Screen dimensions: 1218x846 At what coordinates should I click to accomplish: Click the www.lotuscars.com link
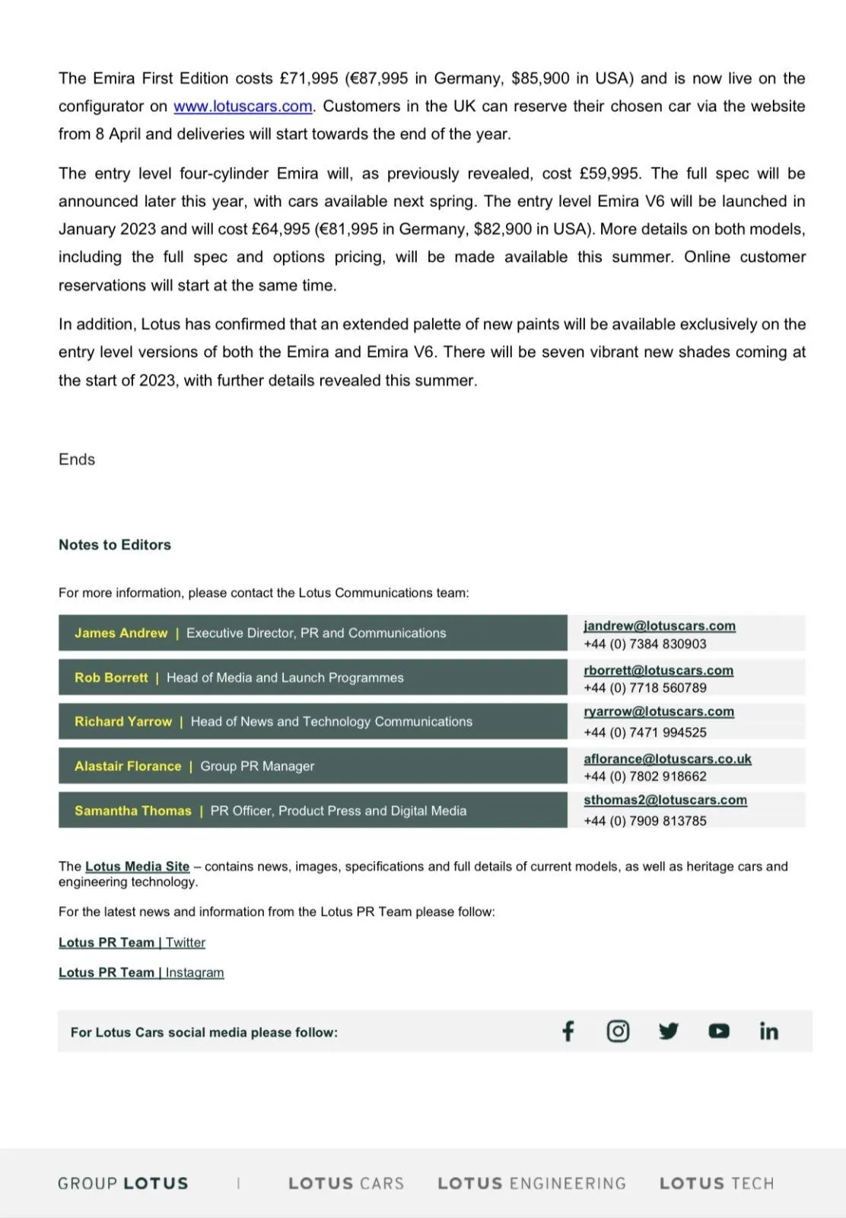pyautogui.click(x=243, y=107)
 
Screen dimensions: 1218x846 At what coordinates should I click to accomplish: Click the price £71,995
pyautogui.click(x=309, y=78)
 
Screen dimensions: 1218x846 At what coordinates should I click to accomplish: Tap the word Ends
pyautogui.click(x=77, y=460)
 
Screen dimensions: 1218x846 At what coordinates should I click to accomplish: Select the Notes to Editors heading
pyautogui.click(x=115, y=545)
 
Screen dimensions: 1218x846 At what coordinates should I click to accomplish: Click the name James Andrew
pyautogui.click(x=121, y=633)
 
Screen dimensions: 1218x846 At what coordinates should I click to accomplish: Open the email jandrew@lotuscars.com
pyautogui.click(x=660, y=626)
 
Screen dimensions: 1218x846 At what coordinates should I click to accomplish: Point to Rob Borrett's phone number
pyautogui.click(x=645, y=688)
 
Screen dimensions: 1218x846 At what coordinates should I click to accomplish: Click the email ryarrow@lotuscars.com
pyautogui.click(x=659, y=712)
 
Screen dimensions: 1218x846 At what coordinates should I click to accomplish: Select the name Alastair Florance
pyautogui.click(x=128, y=767)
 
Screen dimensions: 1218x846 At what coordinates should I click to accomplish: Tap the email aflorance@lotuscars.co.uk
pyautogui.click(x=667, y=759)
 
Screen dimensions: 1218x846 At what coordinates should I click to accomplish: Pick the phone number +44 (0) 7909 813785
pyautogui.click(x=645, y=821)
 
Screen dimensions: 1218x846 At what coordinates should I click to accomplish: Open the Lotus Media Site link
pyautogui.click(x=137, y=866)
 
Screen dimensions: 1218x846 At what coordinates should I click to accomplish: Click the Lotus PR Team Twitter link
pyautogui.click(x=132, y=942)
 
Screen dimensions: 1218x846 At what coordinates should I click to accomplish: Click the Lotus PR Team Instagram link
pyautogui.click(x=141, y=973)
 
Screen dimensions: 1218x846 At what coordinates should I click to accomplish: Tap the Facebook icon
pyautogui.click(x=568, y=1031)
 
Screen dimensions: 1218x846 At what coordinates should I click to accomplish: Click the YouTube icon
pyautogui.click(x=719, y=1031)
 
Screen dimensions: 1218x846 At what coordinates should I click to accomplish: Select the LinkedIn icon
pyautogui.click(x=768, y=1031)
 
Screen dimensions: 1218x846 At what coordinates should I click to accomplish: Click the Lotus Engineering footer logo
pyautogui.click(x=532, y=1184)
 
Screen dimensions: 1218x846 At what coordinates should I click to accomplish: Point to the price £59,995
pyautogui.click(x=609, y=174)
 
